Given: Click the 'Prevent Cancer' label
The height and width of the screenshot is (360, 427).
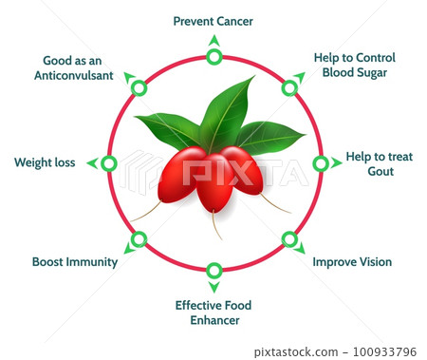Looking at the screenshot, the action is click(213, 20).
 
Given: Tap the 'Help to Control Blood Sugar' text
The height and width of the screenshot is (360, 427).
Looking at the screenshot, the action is click(354, 65).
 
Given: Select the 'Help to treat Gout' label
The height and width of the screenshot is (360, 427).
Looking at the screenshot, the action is click(371, 163).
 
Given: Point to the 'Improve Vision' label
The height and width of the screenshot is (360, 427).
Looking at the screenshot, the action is click(351, 261).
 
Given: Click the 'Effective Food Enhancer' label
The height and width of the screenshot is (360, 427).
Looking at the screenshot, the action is click(213, 313).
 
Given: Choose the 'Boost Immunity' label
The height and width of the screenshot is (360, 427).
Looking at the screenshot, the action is click(75, 261).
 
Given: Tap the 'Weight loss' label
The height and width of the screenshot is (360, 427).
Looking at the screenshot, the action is click(45, 162).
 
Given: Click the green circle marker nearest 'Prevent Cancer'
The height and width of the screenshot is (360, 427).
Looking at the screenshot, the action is click(213, 57).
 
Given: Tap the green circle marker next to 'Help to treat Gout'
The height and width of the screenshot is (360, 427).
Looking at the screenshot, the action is click(321, 163).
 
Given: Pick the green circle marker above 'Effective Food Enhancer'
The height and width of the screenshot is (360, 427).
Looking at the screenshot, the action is click(213, 270).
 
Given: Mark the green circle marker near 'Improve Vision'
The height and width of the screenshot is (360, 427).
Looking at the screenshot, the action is click(289, 238).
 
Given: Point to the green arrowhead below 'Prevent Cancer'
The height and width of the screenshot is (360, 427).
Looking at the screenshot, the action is click(213, 41).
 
